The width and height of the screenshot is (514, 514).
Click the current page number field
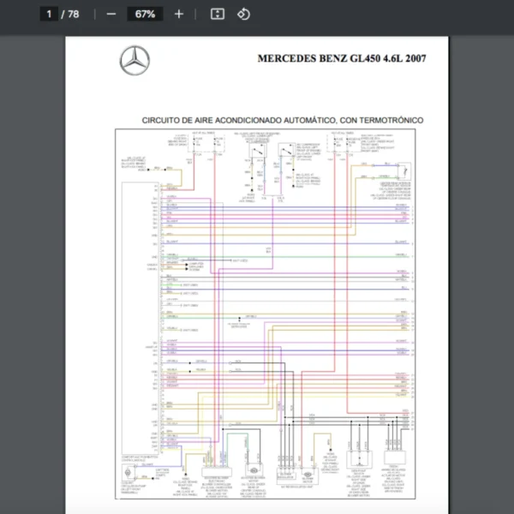[49, 14]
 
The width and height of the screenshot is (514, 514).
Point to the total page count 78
[74, 14]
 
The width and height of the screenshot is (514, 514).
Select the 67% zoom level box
[145, 14]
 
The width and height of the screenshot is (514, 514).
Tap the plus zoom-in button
[178, 14]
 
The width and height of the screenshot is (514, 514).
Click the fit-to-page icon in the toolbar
[218, 14]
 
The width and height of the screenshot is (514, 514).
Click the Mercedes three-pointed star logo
[134, 61]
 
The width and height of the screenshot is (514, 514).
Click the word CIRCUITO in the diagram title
[162, 121]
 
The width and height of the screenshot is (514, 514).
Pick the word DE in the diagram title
[190, 121]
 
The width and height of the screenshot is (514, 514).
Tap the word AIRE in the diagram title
[209, 121]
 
